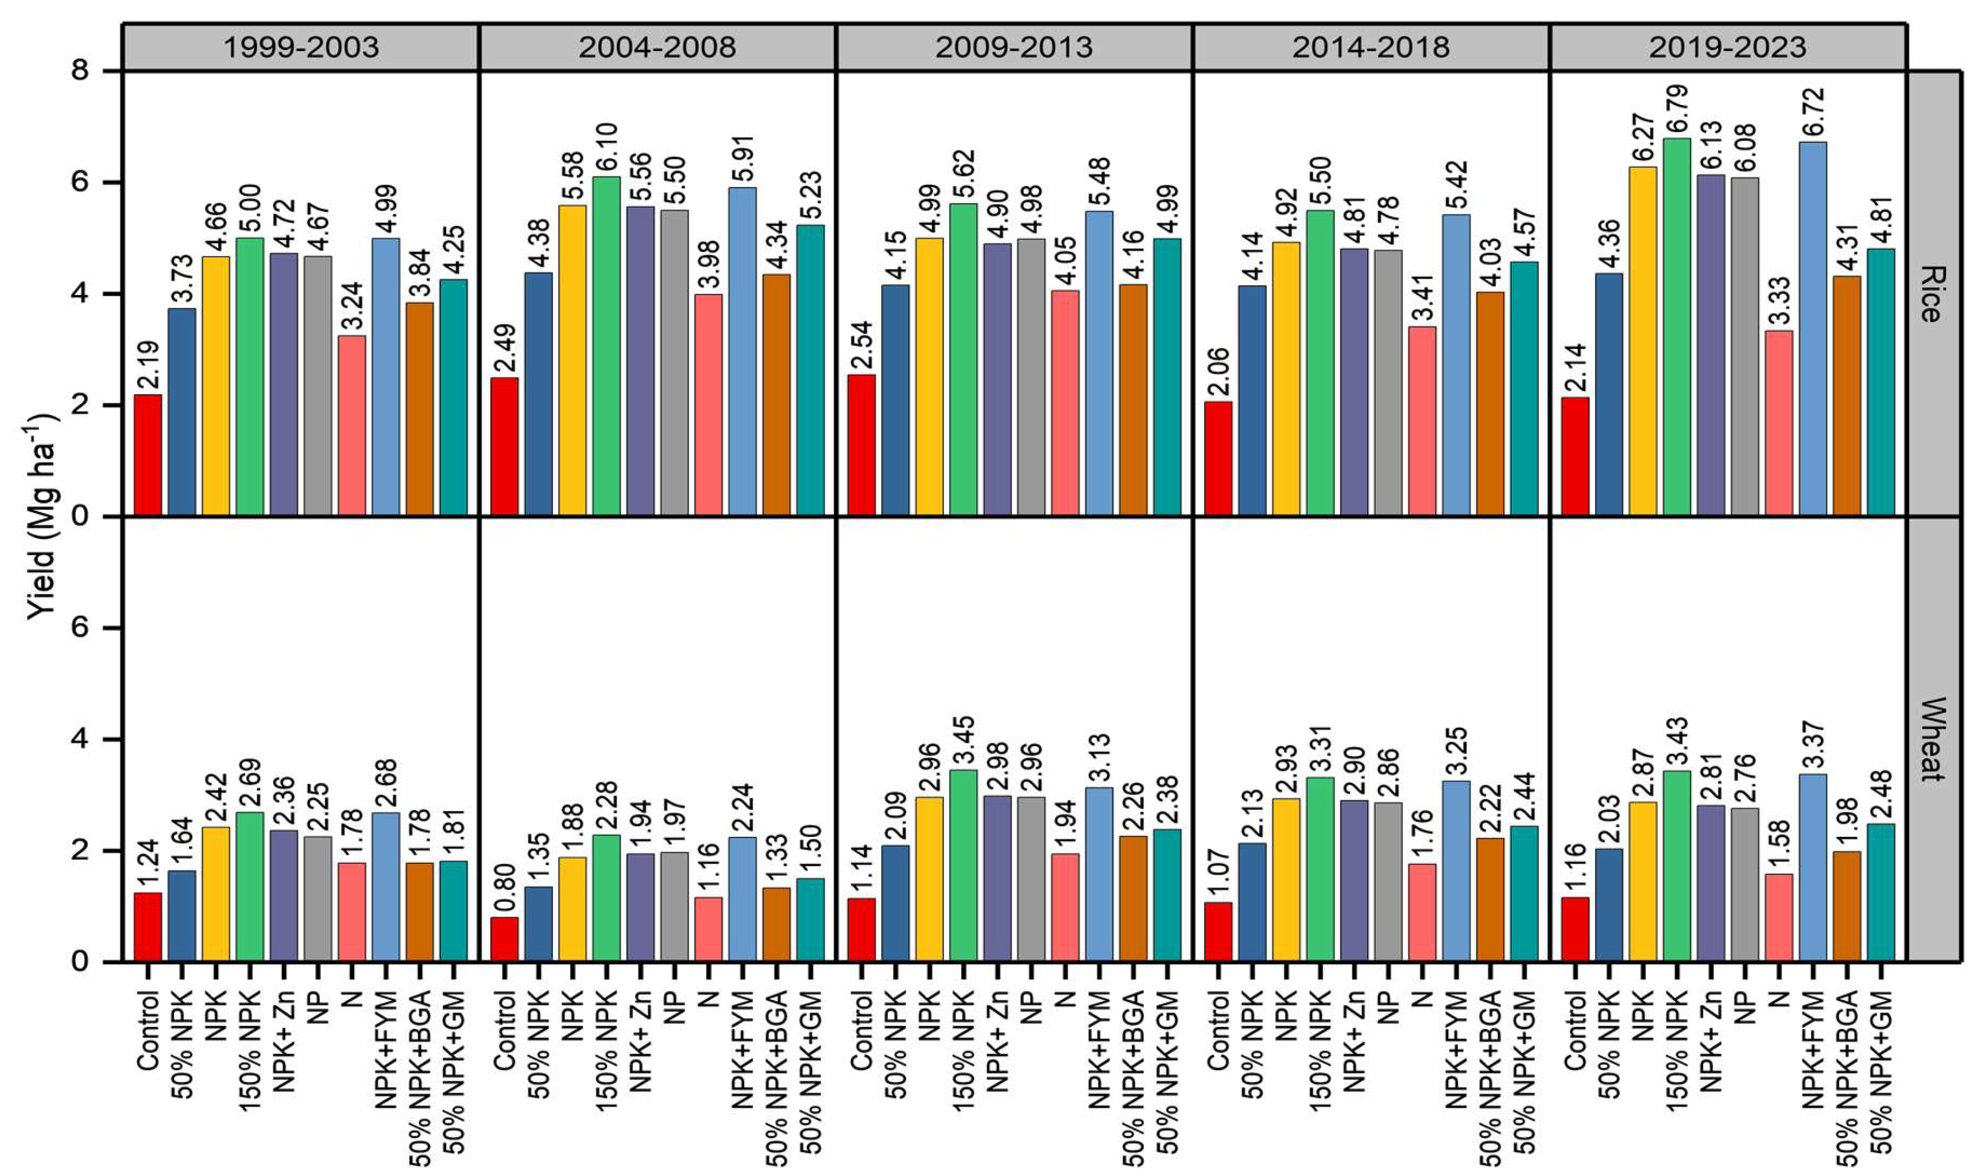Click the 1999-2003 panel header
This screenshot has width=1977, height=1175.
pos(301,48)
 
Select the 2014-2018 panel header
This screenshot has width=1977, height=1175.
pos(1371,48)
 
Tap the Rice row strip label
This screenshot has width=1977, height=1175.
pos(1932,294)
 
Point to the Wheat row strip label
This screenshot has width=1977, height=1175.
pos(1932,739)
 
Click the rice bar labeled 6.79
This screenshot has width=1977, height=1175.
pos(1677,327)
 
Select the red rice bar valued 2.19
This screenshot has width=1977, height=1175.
pos(148,455)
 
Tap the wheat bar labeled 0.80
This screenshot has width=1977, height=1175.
pos(505,939)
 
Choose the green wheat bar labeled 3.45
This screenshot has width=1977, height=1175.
pos(963,866)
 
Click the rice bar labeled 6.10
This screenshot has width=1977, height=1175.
pos(607,346)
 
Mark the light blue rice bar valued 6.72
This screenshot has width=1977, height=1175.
pos(1813,329)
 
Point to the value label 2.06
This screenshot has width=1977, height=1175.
pos(1218,371)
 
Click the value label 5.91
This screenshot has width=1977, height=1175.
pos(744,158)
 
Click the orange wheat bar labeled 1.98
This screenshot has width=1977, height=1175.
pos(1847,906)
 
